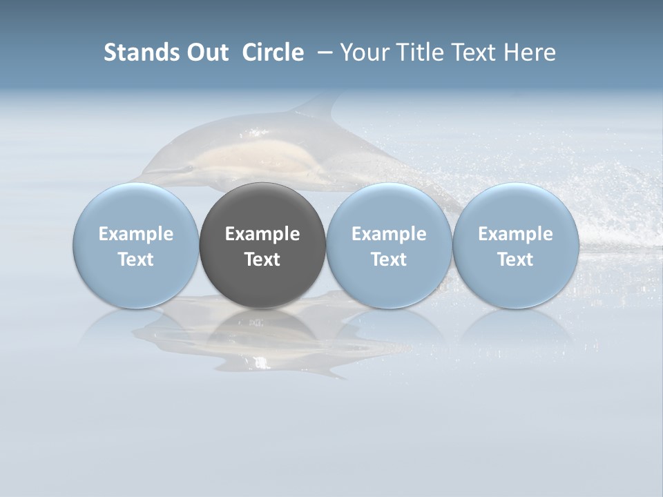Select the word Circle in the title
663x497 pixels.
[273, 52]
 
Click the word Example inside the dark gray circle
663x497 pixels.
[262, 234]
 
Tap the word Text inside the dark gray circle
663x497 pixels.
[262, 260]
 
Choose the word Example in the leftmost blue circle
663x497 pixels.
[136, 234]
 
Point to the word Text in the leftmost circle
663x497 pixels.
[136, 260]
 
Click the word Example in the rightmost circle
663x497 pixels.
[515, 234]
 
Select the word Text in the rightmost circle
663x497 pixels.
[515, 260]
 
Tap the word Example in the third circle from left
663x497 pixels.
[389, 234]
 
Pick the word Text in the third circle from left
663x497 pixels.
[389, 260]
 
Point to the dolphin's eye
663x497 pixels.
[185, 168]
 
